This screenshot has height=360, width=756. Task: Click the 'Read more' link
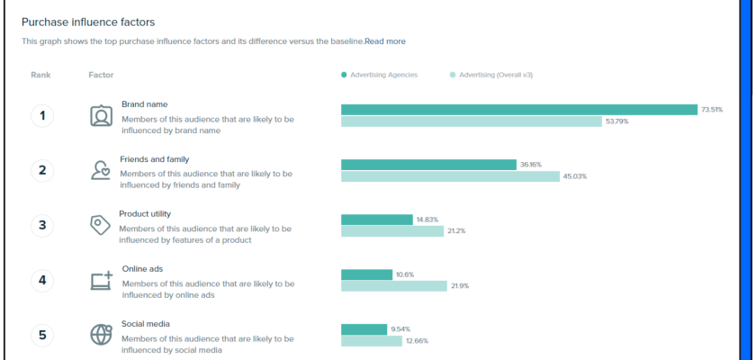(x=385, y=41)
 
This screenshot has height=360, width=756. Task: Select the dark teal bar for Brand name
(x=519, y=110)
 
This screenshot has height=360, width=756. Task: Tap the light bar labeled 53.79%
(x=472, y=121)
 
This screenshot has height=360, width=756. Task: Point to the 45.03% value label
(x=575, y=176)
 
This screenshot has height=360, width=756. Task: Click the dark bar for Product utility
(x=376, y=220)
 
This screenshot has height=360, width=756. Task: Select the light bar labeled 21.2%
(x=392, y=231)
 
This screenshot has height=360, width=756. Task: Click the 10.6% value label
(x=405, y=274)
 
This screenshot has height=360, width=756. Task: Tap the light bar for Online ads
(x=394, y=286)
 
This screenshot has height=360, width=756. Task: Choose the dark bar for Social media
(x=364, y=329)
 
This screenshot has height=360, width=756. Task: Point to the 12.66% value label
(x=418, y=341)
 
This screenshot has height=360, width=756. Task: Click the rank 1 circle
(x=42, y=115)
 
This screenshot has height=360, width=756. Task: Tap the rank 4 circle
(x=42, y=280)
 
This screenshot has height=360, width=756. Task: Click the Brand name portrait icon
(x=101, y=115)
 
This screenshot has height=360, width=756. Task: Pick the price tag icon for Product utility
(x=100, y=225)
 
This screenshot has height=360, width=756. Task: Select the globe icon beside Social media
(x=101, y=335)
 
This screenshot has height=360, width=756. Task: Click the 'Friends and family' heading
(x=154, y=159)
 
